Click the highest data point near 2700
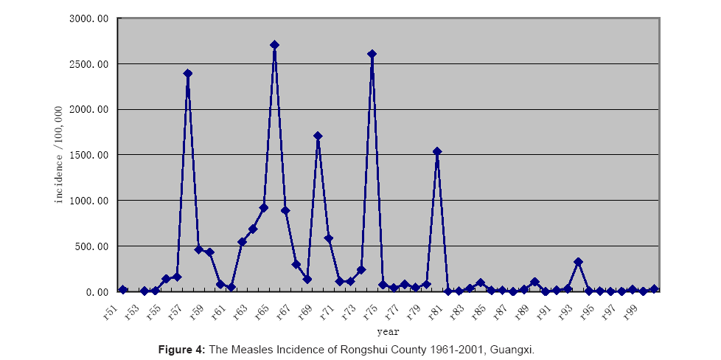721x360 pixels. click(274, 45)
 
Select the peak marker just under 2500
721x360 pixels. click(188, 74)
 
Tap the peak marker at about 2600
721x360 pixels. click(372, 54)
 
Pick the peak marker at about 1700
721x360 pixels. click(318, 136)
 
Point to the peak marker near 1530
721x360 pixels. click(437, 151)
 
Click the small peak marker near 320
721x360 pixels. click(578, 262)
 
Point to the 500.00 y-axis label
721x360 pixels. click(92, 246)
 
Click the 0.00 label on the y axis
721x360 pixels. click(97, 292)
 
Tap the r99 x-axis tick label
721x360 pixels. click(630, 313)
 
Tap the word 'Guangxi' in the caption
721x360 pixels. click(514, 348)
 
